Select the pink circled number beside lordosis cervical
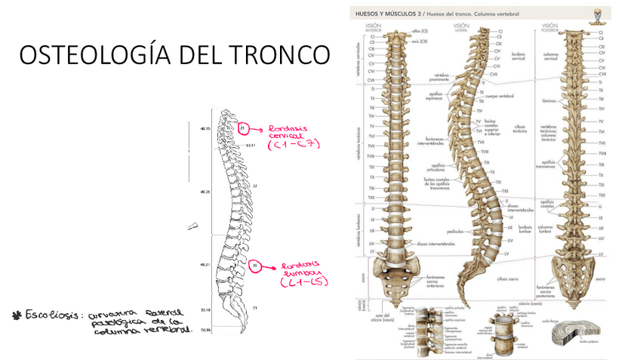pos(242,129)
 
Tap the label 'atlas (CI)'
pos(420,31)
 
